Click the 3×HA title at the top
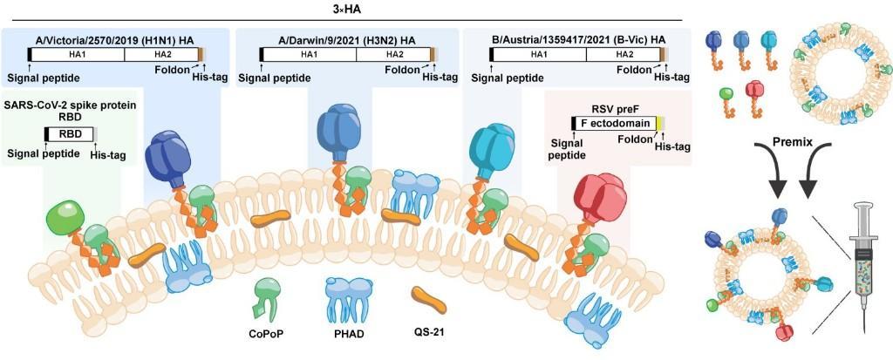click(347, 9)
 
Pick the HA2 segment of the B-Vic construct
click(623, 54)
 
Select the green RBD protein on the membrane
click(65, 217)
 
